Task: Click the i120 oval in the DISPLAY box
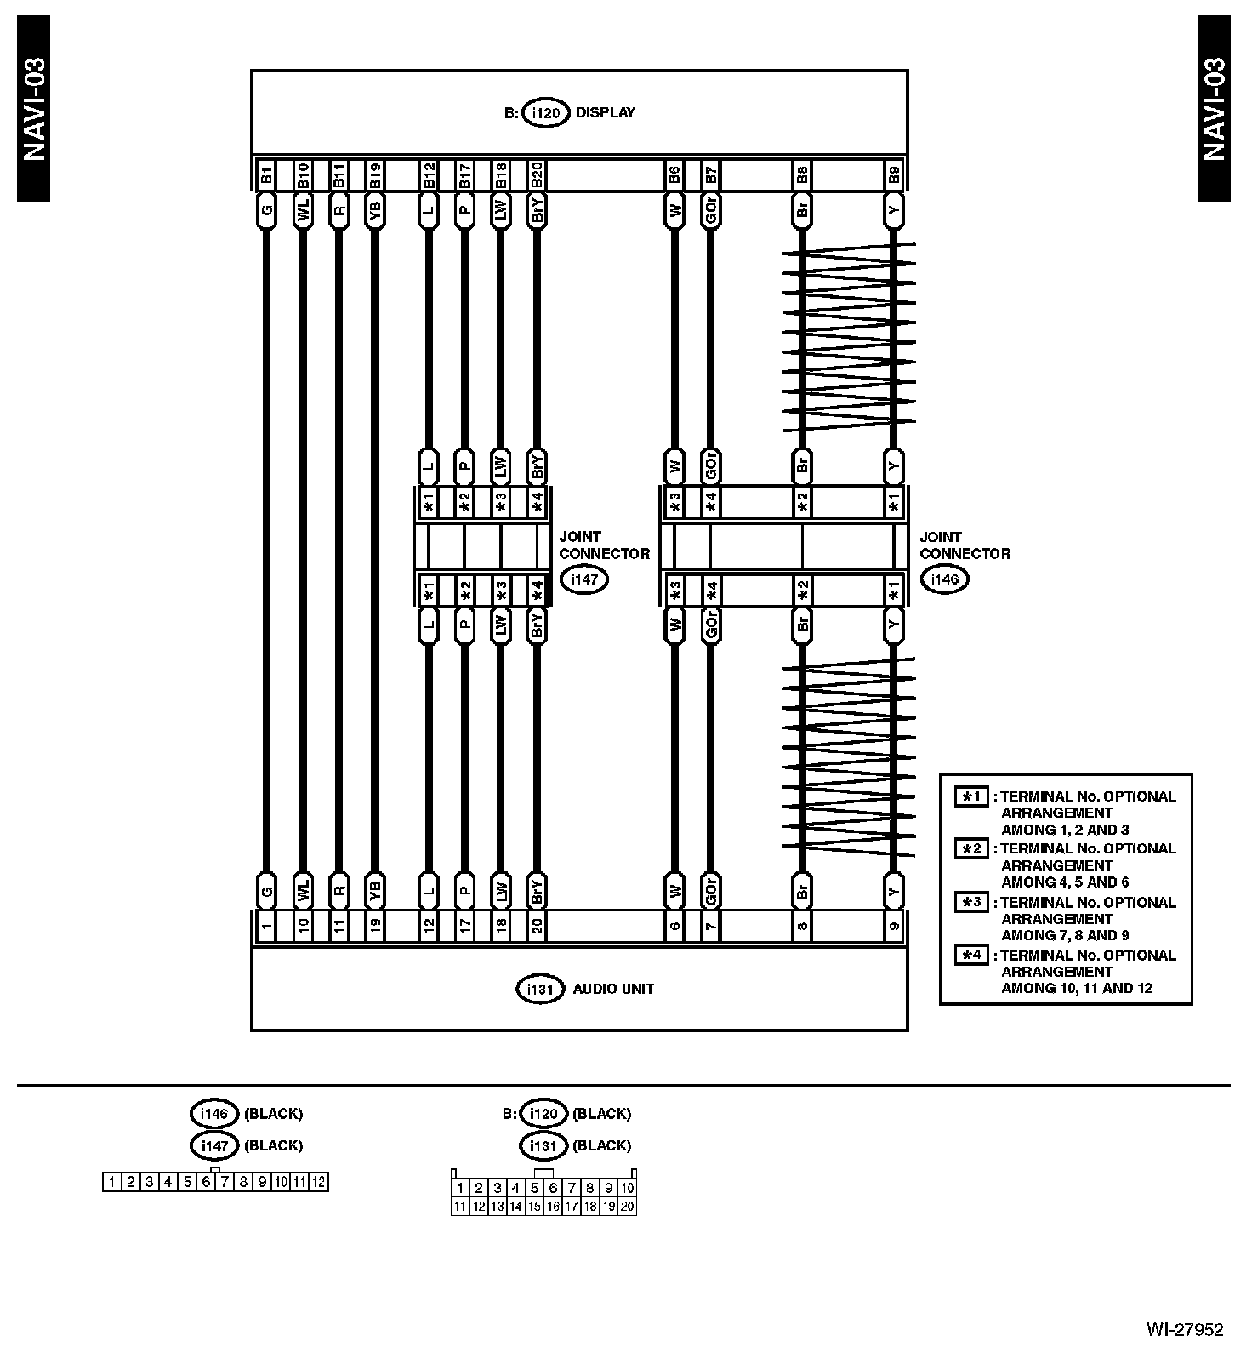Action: click(545, 112)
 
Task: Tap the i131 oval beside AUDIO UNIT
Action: click(540, 990)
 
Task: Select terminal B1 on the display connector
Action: click(266, 176)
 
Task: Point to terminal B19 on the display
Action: click(375, 176)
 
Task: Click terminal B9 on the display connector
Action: click(893, 176)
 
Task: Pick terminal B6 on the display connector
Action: click(674, 176)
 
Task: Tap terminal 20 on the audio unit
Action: click(537, 925)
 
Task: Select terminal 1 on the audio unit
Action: click(266, 925)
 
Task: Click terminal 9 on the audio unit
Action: click(893, 925)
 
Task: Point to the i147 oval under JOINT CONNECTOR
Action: click(584, 579)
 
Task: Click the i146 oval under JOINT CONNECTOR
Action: click(944, 579)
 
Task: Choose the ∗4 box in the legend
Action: click(970, 955)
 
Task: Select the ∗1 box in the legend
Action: click(970, 796)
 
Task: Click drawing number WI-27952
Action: click(1184, 1329)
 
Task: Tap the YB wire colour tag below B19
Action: click(375, 210)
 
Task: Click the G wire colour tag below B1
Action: click(266, 210)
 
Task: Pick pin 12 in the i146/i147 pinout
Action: click(318, 1182)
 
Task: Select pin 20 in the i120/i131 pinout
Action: click(628, 1206)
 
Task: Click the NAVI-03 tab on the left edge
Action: click(33, 109)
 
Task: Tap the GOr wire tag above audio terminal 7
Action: click(711, 891)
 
